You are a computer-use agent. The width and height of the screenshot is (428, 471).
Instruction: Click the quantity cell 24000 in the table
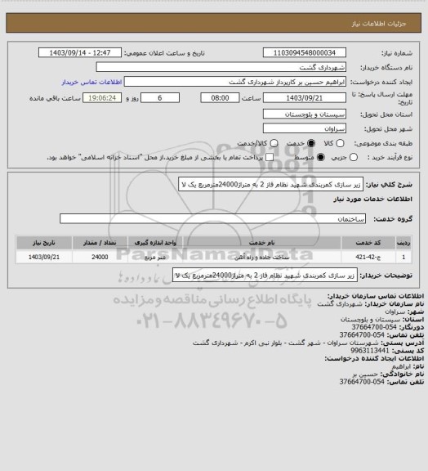pyautogui.click(x=100, y=256)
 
